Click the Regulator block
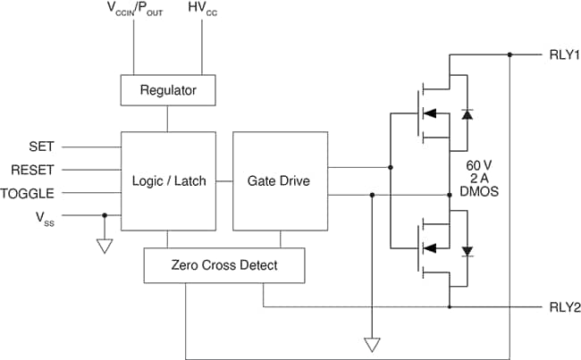tap(168, 89)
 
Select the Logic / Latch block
tap(168, 180)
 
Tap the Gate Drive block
tap(280, 180)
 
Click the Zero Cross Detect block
tap(224, 265)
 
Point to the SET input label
tap(42, 147)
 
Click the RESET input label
tap(33, 169)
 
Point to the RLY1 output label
tap(564, 54)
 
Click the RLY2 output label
tap(564, 307)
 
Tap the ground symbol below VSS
tap(105, 246)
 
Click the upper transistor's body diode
tap(466, 114)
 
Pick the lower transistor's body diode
tap(466, 250)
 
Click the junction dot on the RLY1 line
tap(509, 54)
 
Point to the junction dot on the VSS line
tap(105, 215)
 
